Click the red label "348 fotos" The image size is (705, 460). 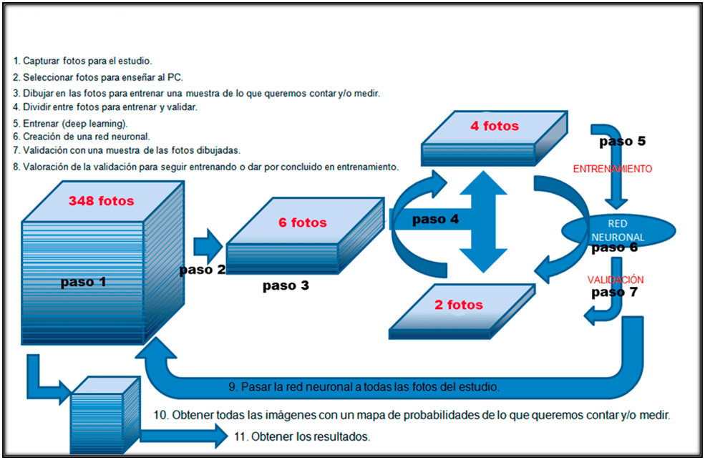[x=101, y=201]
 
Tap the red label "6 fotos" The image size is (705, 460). [x=302, y=222]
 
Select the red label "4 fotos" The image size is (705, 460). [x=495, y=127]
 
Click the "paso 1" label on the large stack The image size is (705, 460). [x=83, y=282]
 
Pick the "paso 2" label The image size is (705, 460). [x=203, y=270]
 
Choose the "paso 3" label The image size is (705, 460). [x=286, y=286]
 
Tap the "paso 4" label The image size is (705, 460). [x=435, y=220]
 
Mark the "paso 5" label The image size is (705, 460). [x=623, y=141]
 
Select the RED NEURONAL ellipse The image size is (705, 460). [x=618, y=230]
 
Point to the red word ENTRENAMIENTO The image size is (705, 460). [x=613, y=170]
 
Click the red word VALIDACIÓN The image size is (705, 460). [x=616, y=280]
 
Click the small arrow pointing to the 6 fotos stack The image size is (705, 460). [x=208, y=245]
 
